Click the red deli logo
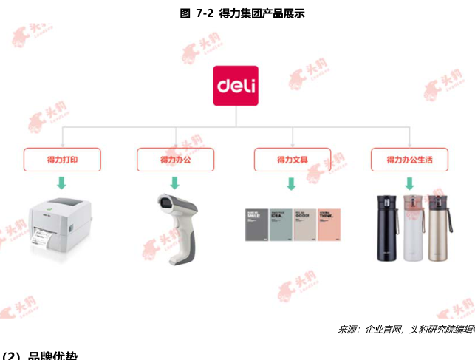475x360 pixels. click(236, 86)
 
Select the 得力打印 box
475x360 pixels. click(62, 159)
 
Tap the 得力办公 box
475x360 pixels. click(175, 159)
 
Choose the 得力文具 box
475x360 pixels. click(293, 159)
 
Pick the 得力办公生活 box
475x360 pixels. click(409, 159)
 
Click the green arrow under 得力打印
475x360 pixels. click(62, 183)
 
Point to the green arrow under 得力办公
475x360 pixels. click(175, 183)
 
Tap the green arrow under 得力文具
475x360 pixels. click(292, 183)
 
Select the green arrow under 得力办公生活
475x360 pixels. click(409, 183)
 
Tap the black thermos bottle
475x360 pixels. click(386, 228)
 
